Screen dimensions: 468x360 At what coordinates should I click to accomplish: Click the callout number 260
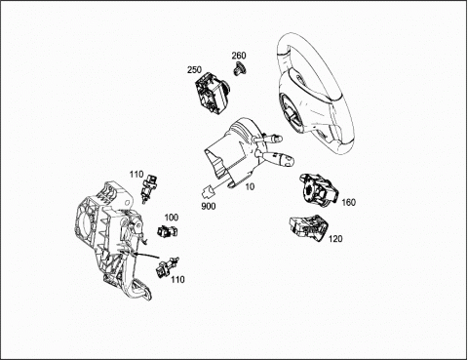click(239, 56)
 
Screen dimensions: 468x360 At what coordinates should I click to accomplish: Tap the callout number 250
click(194, 69)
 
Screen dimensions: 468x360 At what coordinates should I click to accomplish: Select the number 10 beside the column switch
click(251, 186)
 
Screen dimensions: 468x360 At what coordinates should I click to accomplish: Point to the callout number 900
click(209, 206)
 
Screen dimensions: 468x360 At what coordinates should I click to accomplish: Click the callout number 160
click(349, 202)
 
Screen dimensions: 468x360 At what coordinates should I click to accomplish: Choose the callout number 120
click(335, 239)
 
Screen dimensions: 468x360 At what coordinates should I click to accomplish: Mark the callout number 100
click(172, 218)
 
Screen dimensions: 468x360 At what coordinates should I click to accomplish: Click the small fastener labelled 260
click(240, 68)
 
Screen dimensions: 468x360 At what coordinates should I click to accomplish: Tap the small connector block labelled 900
click(208, 192)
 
